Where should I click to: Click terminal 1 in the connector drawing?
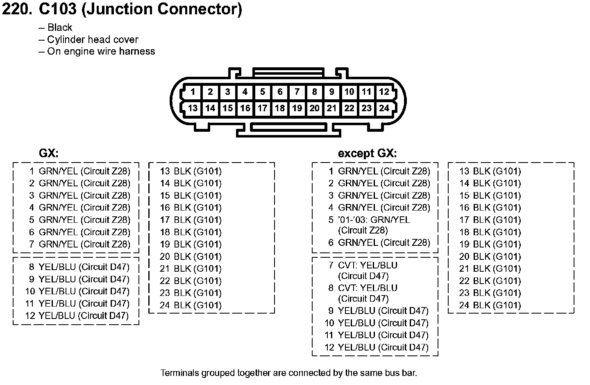pos(193,92)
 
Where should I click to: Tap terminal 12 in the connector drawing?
pos(384,92)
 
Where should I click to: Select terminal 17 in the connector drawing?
pos(262,108)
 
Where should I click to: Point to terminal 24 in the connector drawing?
pos(384,108)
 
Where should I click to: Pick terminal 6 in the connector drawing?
pos(280,92)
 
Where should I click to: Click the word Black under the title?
pos(60,27)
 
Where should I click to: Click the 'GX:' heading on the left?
pos(49,153)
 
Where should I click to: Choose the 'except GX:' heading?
pos(367,153)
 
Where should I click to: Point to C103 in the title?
pos(58,9)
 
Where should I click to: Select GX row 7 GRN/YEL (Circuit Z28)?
pos(79,244)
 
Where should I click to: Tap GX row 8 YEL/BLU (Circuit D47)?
pos(79,267)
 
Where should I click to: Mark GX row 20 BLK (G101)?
pos(191,257)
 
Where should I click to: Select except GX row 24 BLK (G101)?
pos(490,305)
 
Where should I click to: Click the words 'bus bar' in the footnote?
pos(401,373)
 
